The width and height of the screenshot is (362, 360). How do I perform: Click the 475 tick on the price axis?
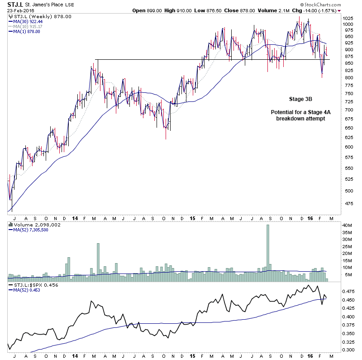(347, 203)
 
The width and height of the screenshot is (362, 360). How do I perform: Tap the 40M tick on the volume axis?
(347, 225)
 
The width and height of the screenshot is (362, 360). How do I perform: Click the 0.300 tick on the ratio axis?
(348, 350)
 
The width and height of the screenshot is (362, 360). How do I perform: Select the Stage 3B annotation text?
(301, 99)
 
